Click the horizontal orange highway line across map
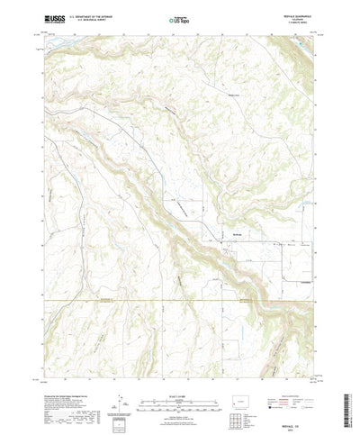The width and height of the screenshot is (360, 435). click(135, 302)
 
